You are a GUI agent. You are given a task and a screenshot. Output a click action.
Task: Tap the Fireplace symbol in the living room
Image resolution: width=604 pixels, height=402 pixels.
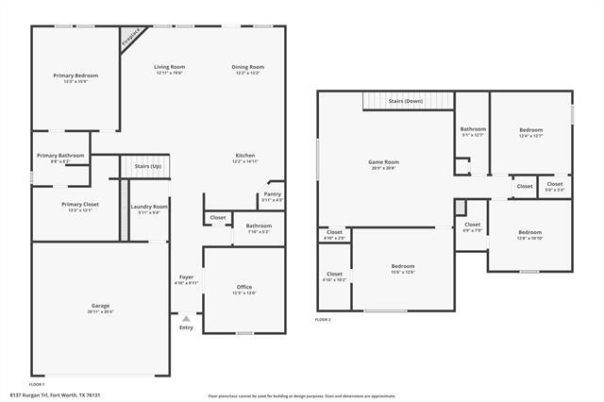130,37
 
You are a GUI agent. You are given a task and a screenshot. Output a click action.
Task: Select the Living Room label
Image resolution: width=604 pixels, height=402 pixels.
170,67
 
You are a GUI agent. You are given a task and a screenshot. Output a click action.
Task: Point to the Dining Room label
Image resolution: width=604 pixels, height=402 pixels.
248,67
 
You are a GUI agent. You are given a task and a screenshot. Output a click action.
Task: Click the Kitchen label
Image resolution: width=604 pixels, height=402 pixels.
245,156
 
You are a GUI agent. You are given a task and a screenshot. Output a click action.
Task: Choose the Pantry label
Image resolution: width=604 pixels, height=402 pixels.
272,195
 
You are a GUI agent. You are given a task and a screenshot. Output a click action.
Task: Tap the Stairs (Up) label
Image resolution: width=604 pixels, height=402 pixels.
148,166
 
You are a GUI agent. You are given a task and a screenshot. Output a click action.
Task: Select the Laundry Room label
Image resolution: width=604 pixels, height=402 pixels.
149,206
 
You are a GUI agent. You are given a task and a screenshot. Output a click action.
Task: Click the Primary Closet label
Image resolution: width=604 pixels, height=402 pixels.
80,204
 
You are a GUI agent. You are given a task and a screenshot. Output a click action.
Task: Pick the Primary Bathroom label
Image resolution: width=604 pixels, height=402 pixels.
60,156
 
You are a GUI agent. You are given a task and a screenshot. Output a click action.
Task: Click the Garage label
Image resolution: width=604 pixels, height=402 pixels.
100,306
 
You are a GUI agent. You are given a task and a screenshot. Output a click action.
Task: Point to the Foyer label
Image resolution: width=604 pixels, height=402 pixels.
187,276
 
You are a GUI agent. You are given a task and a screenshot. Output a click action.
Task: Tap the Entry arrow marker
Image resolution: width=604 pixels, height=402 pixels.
185,318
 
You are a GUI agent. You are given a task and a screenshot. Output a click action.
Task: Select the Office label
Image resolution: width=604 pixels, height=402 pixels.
243,287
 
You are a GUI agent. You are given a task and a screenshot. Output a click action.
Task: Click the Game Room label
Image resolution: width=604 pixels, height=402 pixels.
383,162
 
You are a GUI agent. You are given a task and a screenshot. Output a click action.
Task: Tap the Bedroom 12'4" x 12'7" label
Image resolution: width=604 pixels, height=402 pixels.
529,129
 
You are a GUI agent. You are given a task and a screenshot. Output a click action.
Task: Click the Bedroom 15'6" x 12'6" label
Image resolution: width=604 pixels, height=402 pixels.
403,267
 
